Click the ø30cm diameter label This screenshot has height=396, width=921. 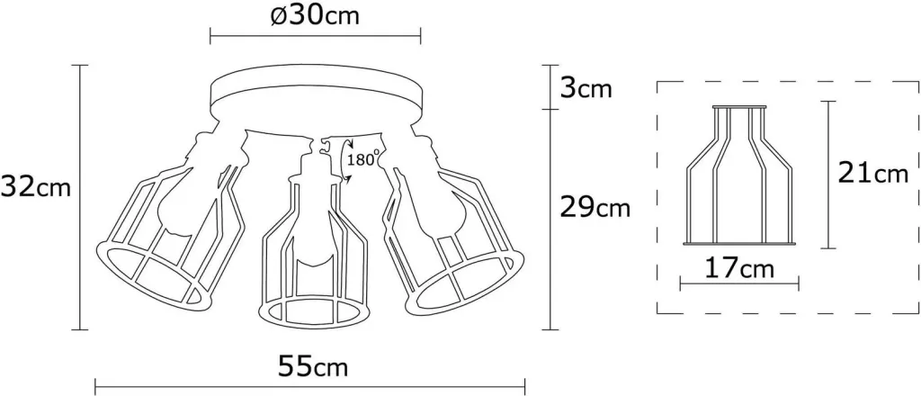coord(315,16)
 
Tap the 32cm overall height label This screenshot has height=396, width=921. coord(36,187)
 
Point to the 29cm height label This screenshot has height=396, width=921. coord(595,207)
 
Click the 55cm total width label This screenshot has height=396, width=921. coord(312,367)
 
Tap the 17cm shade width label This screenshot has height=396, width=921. coord(739,268)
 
